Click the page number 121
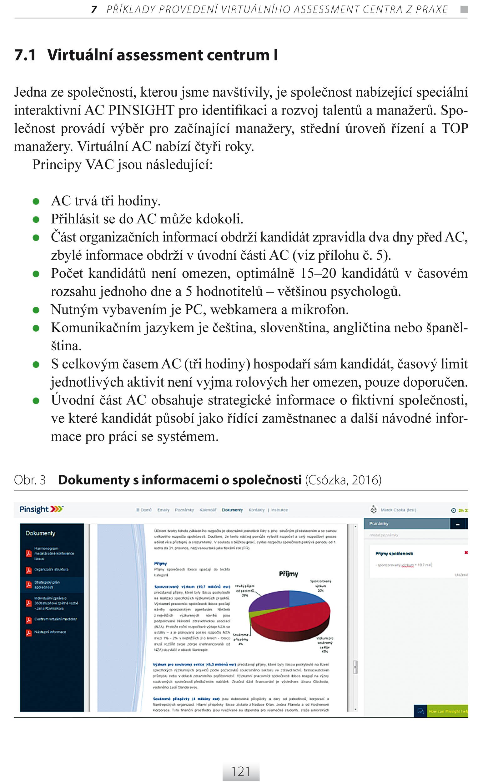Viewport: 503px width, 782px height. (241, 772)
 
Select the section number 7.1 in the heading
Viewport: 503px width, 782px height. (25, 55)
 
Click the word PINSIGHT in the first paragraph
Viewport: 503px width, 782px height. (141, 110)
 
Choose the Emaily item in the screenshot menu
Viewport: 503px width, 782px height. (163, 510)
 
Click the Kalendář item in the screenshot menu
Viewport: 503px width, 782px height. (208, 510)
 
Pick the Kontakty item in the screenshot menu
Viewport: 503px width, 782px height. (256, 510)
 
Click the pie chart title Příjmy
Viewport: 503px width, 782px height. (289, 574)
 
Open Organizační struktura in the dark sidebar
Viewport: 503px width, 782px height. (51, 569)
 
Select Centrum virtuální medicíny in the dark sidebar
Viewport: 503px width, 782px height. (56, 619)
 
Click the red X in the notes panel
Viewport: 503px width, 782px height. (466, 553)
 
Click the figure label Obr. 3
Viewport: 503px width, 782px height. (30, 480)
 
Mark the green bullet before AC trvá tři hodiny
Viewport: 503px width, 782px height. (36, 201)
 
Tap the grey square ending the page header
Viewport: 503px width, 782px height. (464, 9)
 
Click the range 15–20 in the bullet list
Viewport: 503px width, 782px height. (318, 273)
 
